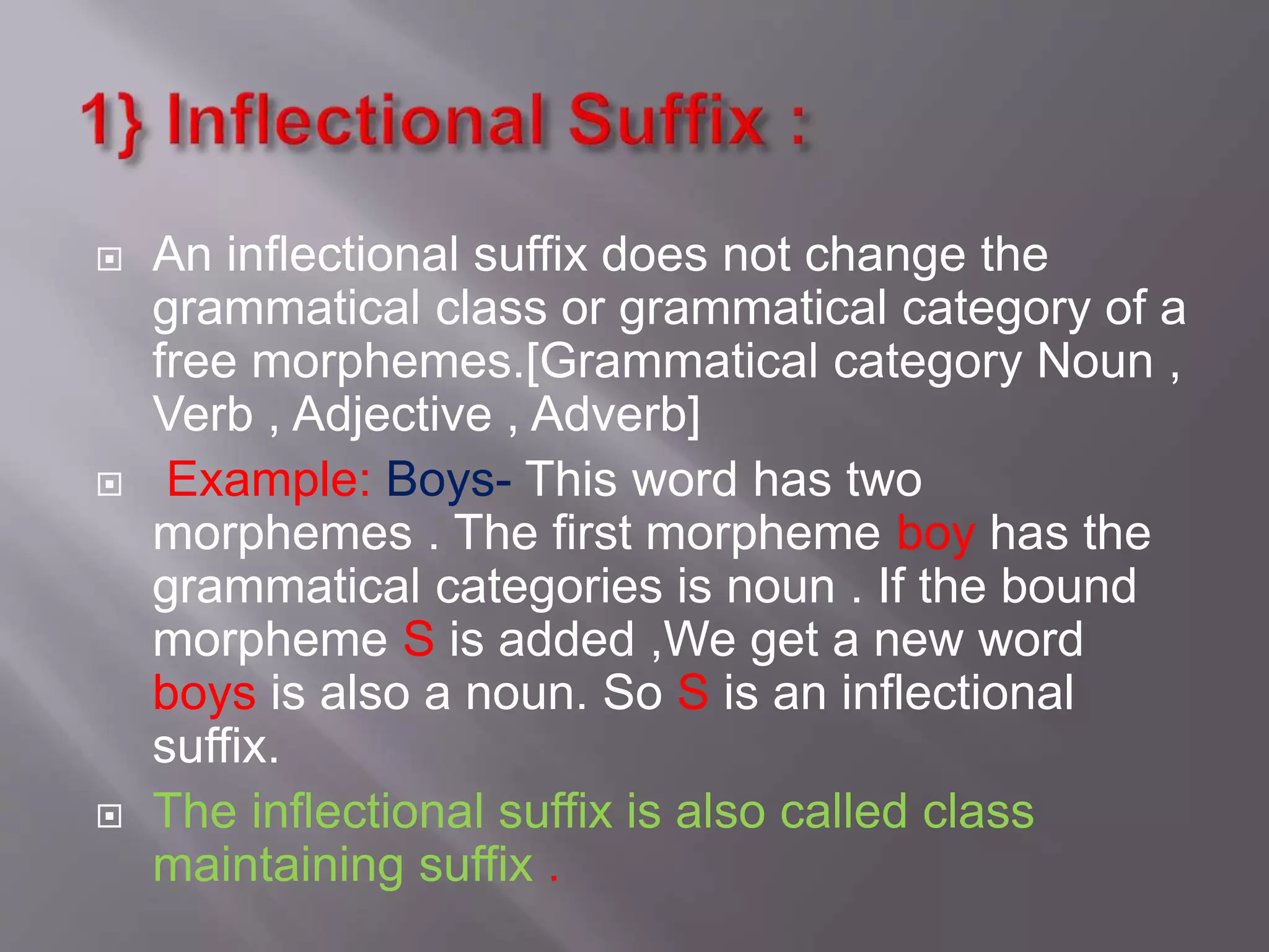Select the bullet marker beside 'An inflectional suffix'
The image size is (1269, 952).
click(x=110, y=259)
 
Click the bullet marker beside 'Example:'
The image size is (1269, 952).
click(x=110, y=484)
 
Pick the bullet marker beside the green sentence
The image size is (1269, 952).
click(x=110, y=816)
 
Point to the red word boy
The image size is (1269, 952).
click(x=936, y=534)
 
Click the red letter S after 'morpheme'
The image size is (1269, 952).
click(x=418, y=640)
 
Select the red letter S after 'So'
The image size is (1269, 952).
click(x=693, y=693)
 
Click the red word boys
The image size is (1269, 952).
click(x=204, y=694)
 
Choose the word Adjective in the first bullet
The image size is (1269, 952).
click(x=392, y=415)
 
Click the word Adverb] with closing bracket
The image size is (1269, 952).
click(x=615, y=415)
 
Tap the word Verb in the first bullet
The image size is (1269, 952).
click(x=203, y=415)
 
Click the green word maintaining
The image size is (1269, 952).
click(x=278, y=866)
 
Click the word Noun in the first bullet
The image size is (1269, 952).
click(x=1094, y=361)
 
